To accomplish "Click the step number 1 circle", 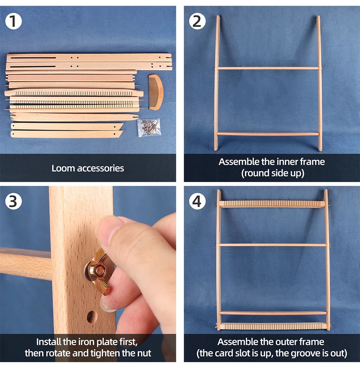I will point(14,21).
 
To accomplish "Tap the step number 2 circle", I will point(197,21).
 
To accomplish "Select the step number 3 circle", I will point(14,201).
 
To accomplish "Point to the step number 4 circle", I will point(197,201).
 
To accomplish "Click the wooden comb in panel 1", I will point(155,92).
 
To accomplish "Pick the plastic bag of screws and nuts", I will point(149,127).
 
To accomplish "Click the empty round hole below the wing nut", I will point(91,317).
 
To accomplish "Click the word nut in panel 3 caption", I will point(143,353).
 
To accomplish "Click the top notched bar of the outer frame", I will point(272,204).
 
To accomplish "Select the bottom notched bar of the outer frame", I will point(272,326).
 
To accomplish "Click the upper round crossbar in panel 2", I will point(268,68).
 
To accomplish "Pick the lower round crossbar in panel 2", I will point(268,134).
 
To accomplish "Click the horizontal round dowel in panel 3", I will point(25,263).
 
